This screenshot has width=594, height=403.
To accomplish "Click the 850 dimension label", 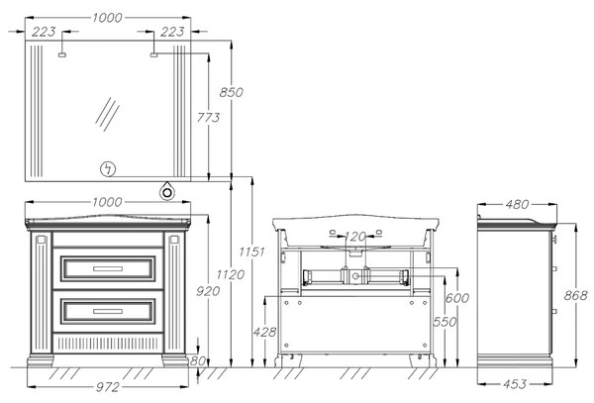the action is [x=231, y=92].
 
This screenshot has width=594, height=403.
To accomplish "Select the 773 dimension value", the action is [x=208, y=118].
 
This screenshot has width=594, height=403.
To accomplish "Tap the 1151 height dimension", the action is [x=251, y=252].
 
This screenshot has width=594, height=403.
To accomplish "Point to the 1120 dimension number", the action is [x=231, y=274].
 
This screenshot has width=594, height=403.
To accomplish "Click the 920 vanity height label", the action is [x=208, y=291].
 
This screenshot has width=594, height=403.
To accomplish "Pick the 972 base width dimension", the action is [x=108, y=387].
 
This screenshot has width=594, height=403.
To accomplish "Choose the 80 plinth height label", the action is [x=198, y=361].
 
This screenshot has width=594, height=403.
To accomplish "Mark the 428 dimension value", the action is [x=264, y=332].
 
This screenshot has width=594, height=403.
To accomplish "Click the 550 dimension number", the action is [x=445, y=322].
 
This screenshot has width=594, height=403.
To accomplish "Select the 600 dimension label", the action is [x=457, y=298].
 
